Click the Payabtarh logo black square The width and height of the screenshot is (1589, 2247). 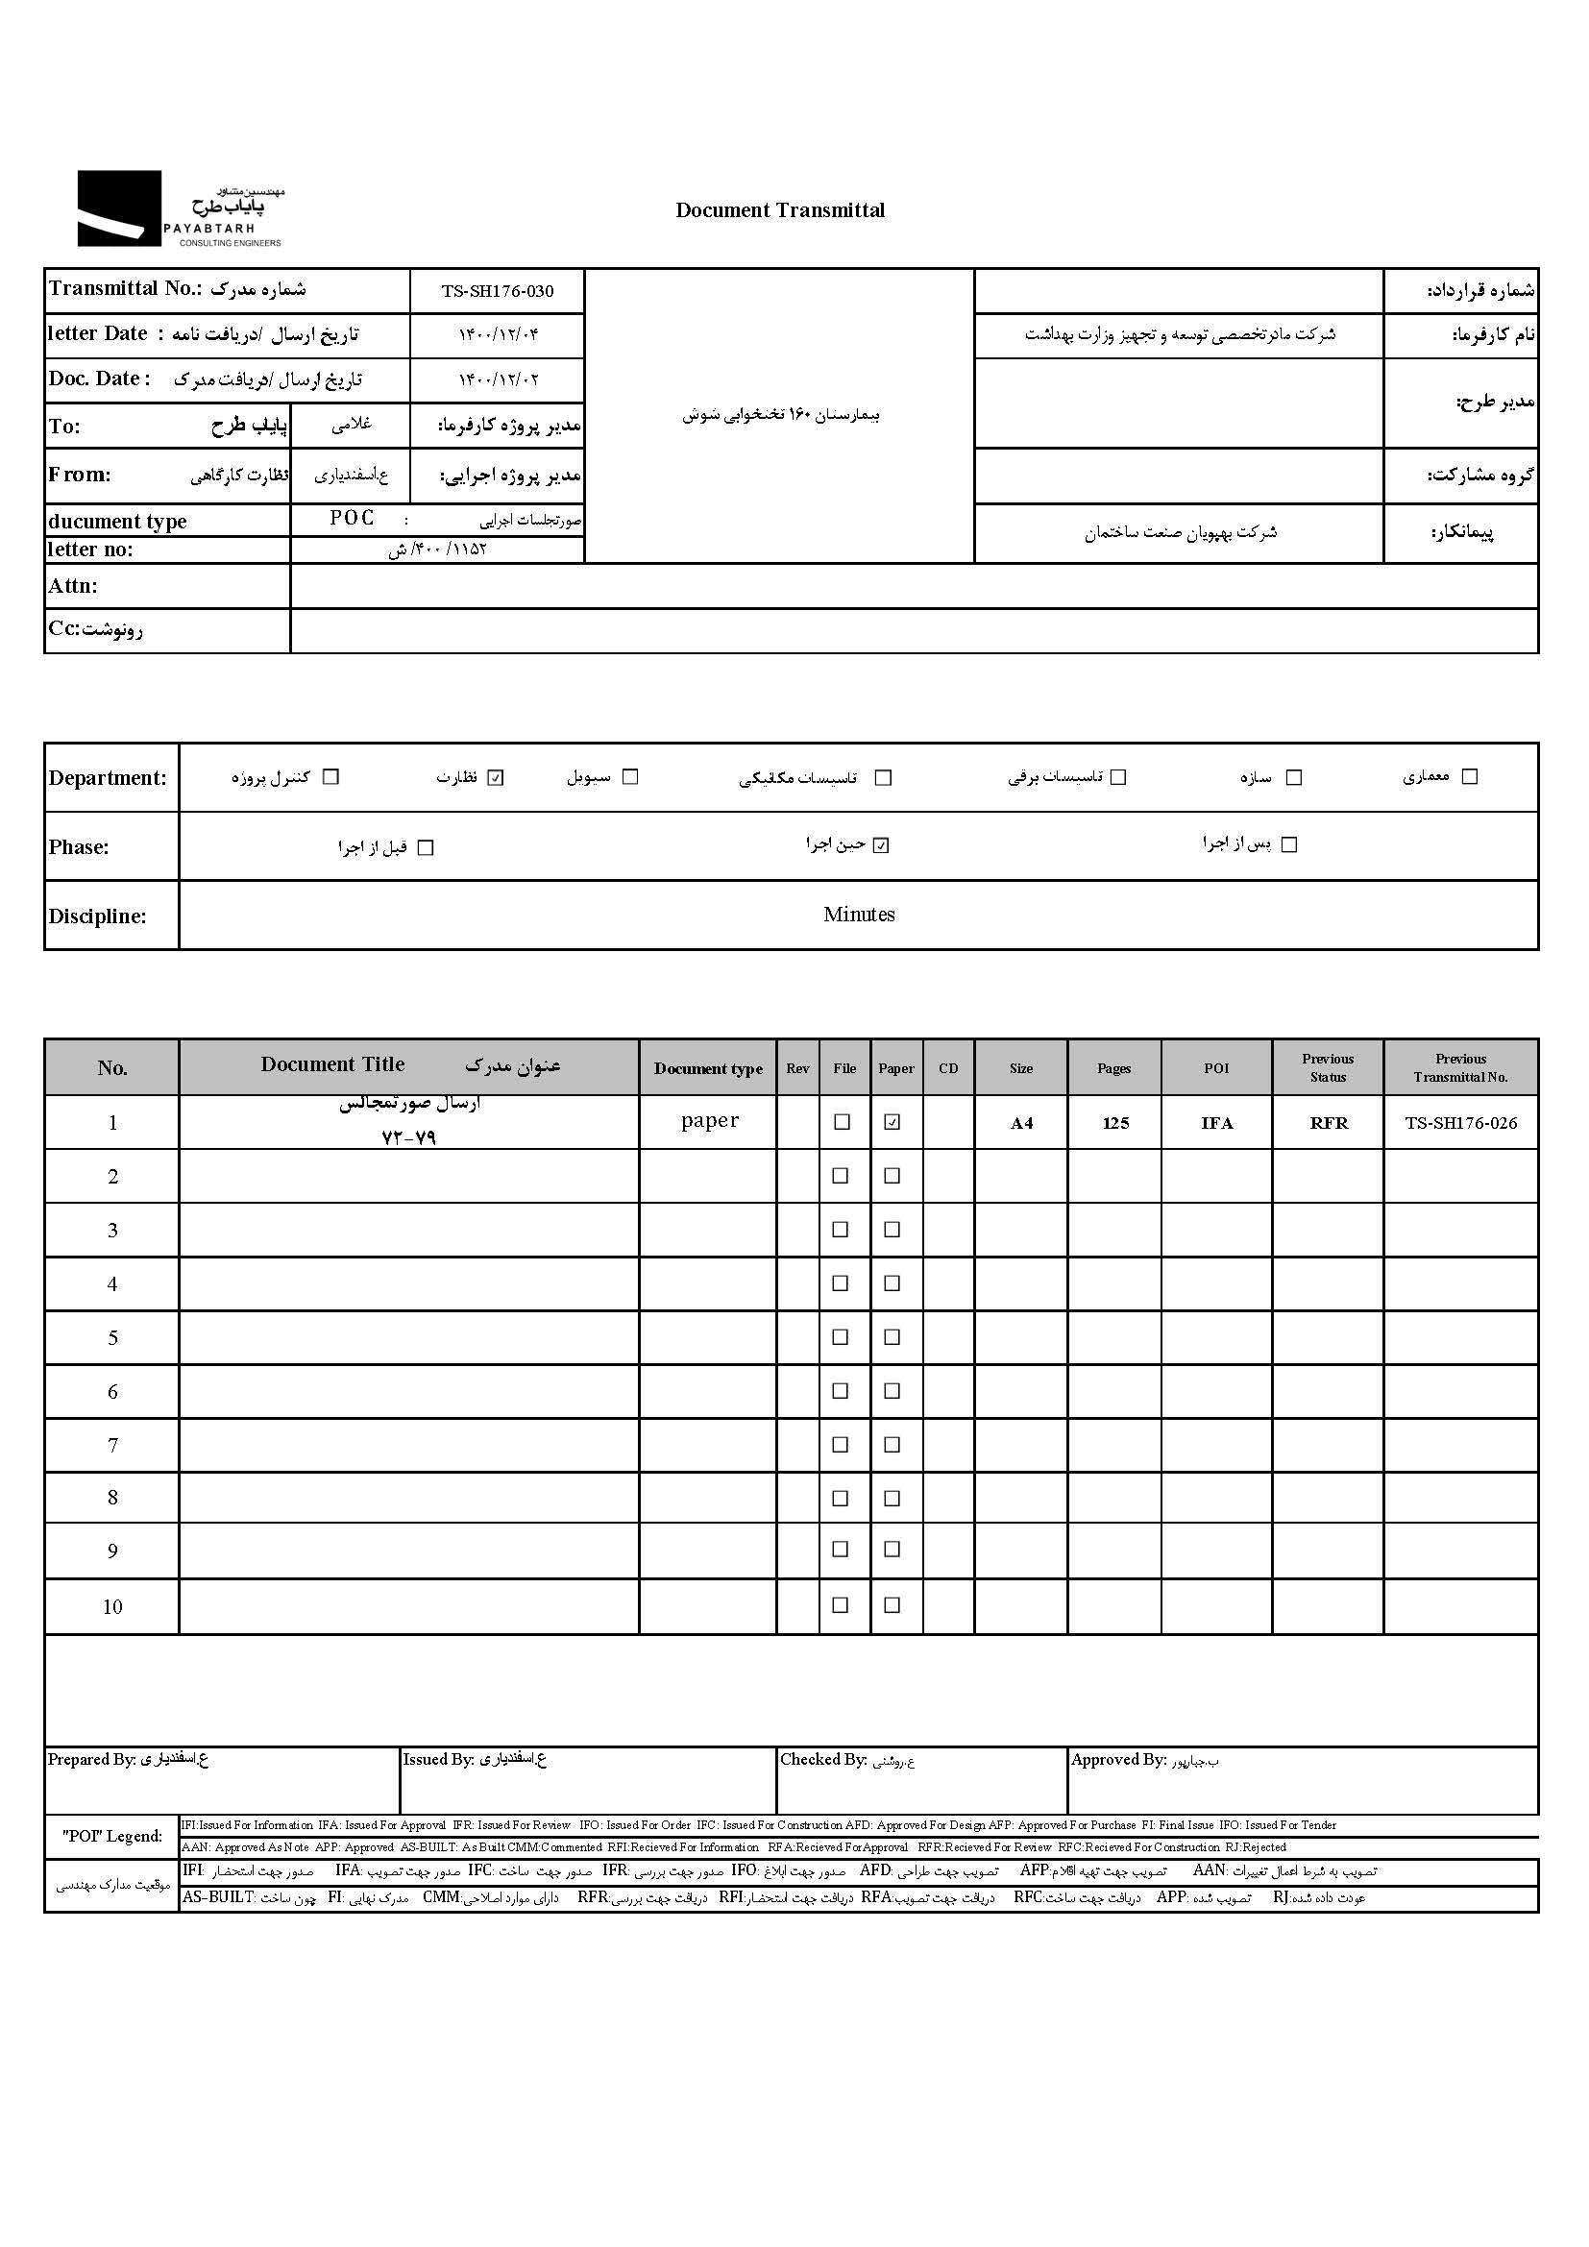(119, 208)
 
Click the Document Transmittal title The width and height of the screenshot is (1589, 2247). (780, 210)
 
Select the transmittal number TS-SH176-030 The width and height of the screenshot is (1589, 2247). (497, 291)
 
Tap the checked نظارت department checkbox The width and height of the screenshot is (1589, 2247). (496, 778)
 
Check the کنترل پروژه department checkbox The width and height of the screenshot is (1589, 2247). (330, 777)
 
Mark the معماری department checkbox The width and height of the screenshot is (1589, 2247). (1469, 777)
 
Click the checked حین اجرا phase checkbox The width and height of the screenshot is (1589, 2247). (881, 845)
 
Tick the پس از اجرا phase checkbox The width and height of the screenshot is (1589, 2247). (1288, 844)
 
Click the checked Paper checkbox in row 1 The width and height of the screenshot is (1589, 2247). (892, 1122)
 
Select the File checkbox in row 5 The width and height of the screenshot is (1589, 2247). (840, 1337)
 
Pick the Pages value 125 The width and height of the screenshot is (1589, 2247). (1115, 1124)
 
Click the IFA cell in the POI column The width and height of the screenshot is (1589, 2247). (1216, 1124)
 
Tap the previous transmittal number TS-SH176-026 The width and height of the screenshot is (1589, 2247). (1461, 1124)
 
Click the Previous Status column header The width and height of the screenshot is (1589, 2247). (1328, 1067)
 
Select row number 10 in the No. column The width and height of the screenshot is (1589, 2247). (112, 1606)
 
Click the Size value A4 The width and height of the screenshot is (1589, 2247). (1021, 1124)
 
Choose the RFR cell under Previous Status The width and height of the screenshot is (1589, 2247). (1328, 1124)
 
